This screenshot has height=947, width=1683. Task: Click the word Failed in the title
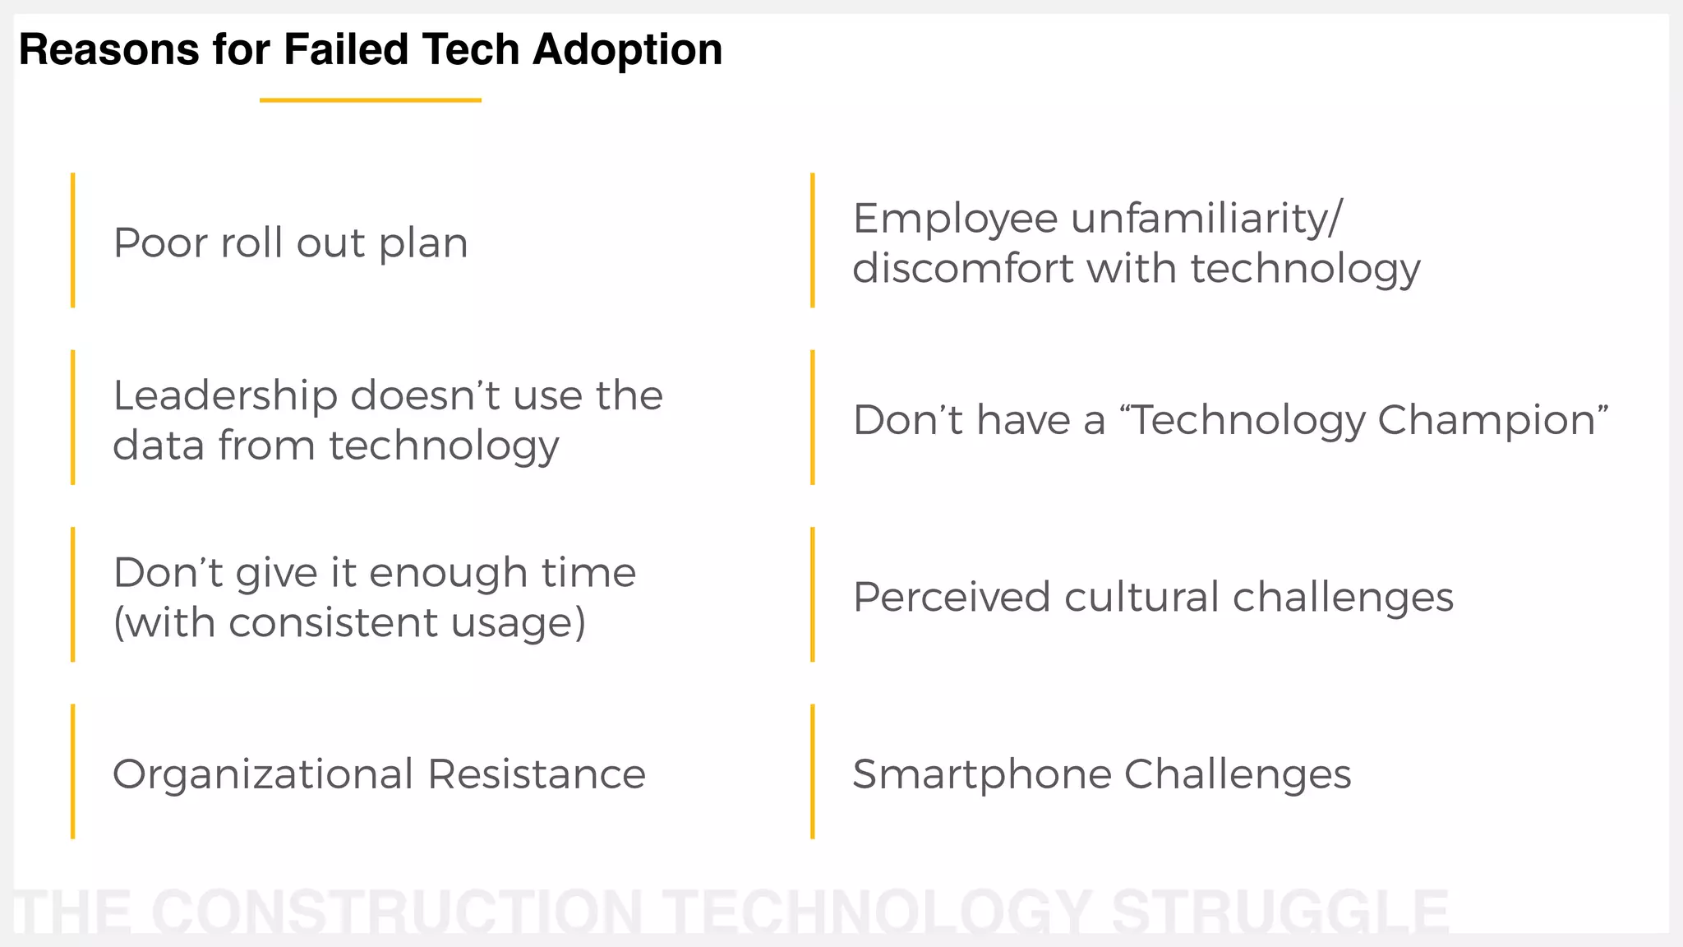point(346,49)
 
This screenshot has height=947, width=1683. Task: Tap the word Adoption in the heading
point(627,51)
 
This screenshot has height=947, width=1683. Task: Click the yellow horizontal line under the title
point(370,100)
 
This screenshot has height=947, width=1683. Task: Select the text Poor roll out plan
point(290,243)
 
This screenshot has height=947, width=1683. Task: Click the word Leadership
point(225,395)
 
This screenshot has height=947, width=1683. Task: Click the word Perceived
point(951,597)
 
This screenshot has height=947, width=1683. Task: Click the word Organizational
point(263,775)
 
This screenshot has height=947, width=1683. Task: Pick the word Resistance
point(537,774)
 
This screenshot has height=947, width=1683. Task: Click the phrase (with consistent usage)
point(349,622)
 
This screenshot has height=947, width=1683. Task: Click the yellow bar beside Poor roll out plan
point(73,240)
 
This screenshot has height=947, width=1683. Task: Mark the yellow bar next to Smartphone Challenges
point(812,771)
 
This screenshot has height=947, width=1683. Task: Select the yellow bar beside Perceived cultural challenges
point(812,594)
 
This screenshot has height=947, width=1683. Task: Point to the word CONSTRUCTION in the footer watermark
point(397,912)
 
